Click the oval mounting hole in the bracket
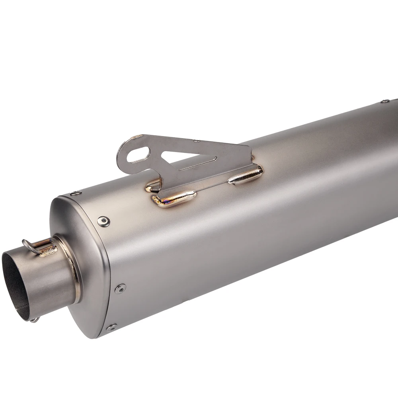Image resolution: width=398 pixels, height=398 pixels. click(x=138, y=155)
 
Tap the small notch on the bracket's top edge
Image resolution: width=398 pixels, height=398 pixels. click(x=196, y=140)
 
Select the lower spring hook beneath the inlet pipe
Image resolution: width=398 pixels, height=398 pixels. click(x=35, y=319)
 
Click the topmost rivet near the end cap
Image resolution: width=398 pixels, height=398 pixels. click(x=76, y=193)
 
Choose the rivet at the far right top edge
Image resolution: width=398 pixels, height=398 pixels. click(x=384, y=101)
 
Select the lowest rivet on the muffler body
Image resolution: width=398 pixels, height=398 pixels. click(x=111, y=327)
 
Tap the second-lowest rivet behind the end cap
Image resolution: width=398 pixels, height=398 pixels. click(x=120, y=289)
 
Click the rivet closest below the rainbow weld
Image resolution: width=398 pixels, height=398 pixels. click(x=104, y=221)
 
